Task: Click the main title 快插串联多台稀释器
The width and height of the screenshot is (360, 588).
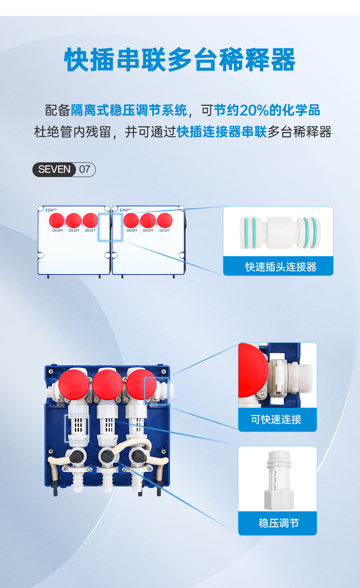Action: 180,60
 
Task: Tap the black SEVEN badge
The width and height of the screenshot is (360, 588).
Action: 54,169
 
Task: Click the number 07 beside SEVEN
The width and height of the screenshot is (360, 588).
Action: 85,169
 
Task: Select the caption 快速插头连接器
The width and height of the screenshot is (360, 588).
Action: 280,267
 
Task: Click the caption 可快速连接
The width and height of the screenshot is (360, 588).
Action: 276,419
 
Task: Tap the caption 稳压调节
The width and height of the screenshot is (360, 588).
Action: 279,523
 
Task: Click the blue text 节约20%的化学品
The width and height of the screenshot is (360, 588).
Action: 267,110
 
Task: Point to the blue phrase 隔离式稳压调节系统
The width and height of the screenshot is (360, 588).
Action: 129,110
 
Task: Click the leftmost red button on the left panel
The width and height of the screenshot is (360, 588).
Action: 57,220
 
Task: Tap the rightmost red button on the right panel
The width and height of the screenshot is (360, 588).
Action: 165,220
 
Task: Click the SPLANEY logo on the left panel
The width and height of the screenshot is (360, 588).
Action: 51,209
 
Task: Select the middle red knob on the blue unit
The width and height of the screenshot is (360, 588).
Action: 107,384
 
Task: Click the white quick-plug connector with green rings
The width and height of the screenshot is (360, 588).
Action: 280,232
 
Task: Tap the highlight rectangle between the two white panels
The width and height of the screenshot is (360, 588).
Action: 110,227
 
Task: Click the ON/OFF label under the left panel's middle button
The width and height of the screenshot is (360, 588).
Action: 74,231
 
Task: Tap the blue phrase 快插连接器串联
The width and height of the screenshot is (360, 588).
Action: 222,132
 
